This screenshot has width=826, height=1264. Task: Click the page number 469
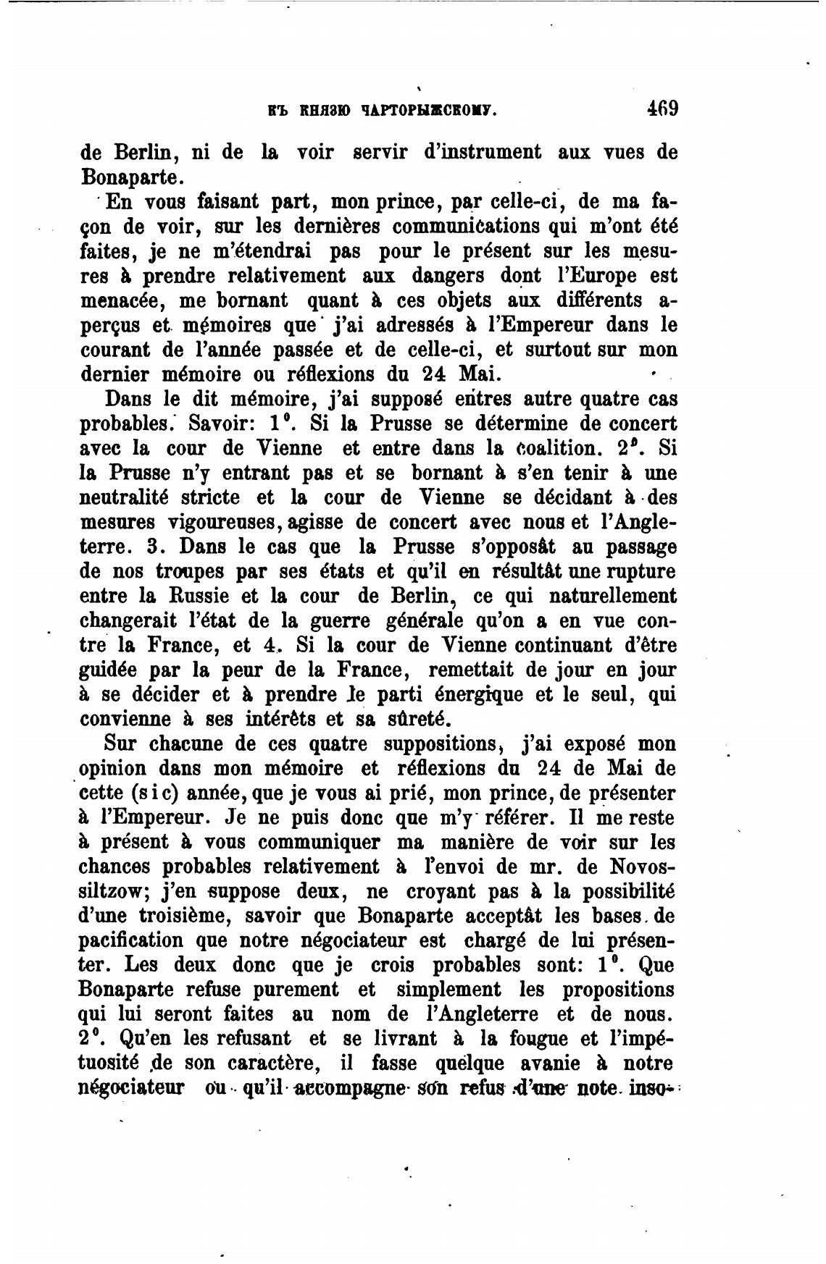[x=662, y=110]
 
